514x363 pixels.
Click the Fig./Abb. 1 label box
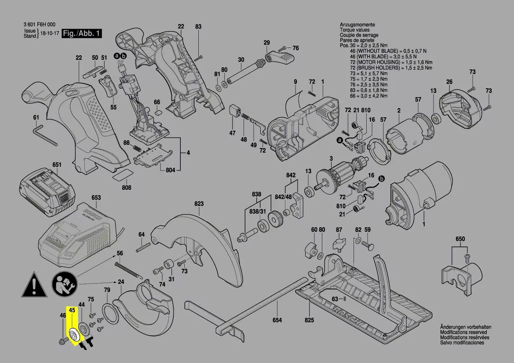(x=82, y=33)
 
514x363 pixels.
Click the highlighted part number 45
(x=73, y=310)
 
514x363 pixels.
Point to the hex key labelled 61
(x=45, y=134)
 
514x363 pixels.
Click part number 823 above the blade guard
(x=199, y=204)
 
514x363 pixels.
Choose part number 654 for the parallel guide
(x=277, y=320)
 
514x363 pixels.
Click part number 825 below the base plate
(x=309, y=320)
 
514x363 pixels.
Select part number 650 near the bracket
(x=460, y=239)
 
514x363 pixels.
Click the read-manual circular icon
(x=64, y=284)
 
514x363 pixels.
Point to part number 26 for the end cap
(x=449, y=82)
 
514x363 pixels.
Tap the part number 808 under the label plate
(x=127, y=187)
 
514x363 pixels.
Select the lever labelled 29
(x=280, y=58)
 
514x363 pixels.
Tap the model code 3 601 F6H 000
(x=39, y=25)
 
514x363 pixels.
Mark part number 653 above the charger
(x=96, y=198)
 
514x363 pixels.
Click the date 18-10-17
(x=49, y=33)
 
